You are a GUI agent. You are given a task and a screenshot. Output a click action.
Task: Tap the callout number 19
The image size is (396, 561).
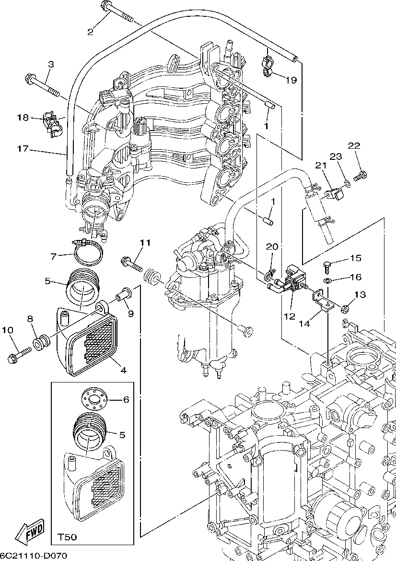point(291,80)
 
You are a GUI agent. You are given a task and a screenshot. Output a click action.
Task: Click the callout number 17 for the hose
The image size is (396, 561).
point(23,149)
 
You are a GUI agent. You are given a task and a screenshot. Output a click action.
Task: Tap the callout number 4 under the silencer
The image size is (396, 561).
point(123,370)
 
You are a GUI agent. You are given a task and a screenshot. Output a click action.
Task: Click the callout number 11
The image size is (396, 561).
point(145,243)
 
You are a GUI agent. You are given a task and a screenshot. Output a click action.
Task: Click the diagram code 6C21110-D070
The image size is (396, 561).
point(34,556)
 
